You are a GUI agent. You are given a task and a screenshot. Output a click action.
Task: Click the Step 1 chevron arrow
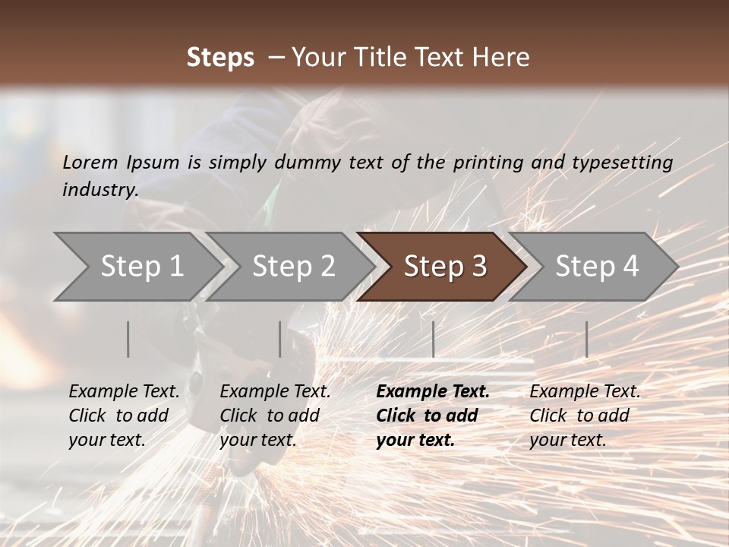click(141, 267)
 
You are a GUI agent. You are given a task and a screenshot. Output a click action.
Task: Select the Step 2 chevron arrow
click(293, 267)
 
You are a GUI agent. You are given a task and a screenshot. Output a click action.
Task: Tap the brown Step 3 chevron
click(445, 267)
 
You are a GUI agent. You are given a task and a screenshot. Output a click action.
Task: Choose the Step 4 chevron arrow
click(597, 267)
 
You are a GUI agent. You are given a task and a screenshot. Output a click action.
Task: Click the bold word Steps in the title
click(220, 58)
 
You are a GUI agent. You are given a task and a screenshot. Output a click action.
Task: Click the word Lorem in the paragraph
click(90, 162)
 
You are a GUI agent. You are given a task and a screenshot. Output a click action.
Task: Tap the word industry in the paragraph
click(99, 190)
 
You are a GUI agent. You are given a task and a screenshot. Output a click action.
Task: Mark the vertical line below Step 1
click(128, 339)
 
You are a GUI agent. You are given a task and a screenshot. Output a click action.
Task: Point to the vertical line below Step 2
click(280, 339)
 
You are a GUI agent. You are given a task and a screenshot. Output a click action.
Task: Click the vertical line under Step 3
click(433, 339)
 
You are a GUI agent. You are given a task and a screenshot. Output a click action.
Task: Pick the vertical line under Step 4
click(586, 339)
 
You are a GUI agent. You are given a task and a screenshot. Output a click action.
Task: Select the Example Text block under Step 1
click(124, 416)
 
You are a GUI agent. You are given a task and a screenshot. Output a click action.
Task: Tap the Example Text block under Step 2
click(275, 416)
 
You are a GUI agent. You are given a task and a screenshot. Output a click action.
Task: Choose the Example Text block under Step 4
click(585, 416)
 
